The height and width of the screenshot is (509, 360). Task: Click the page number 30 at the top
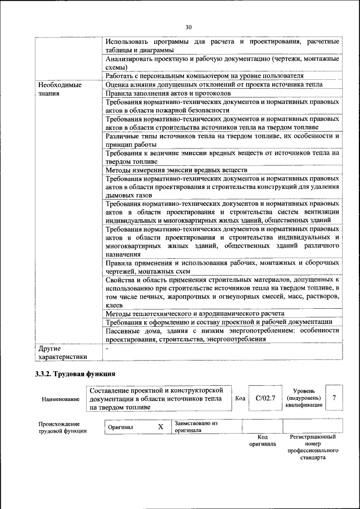(x=188, y=26)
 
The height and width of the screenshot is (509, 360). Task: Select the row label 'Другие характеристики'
(x=62, y=352)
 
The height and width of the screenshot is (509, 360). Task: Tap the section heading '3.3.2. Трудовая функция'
(x=75, y=373)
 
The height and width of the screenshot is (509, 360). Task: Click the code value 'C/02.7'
(x=265, y=398)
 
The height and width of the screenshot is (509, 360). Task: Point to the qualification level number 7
(x=334, y=398)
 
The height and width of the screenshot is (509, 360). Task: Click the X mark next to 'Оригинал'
(x=160, y=427)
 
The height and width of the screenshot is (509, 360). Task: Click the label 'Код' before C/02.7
(x=240, y=398)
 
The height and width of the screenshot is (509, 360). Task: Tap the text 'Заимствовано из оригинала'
(x=196, y=426)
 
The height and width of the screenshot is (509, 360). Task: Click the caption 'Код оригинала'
(x=262, y=440)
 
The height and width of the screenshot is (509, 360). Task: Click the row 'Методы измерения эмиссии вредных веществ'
(x=176, y=170)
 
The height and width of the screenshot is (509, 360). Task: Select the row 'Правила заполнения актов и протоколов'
(x=168, y=93)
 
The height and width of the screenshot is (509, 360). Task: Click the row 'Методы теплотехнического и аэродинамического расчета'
(x=195, y=313)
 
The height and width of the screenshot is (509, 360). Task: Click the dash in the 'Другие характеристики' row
(x=107, y=348)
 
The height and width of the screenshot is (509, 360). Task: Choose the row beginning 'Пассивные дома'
(x=222, y=335)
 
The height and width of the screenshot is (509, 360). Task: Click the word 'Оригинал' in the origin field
(x=121, y=427)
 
